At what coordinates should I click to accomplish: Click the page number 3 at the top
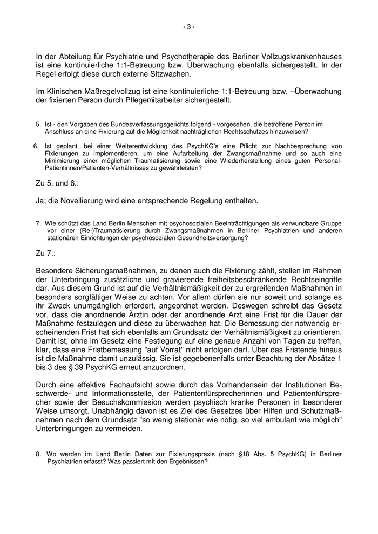pyautogui.click(x=189, y=27)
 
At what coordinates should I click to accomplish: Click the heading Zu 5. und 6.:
pyautogui.click(x=57, y=183)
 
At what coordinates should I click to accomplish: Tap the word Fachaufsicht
pyautogui.click(x=117, y=386)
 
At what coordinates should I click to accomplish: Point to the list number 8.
pyautogui.click(x=39, y=454)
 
